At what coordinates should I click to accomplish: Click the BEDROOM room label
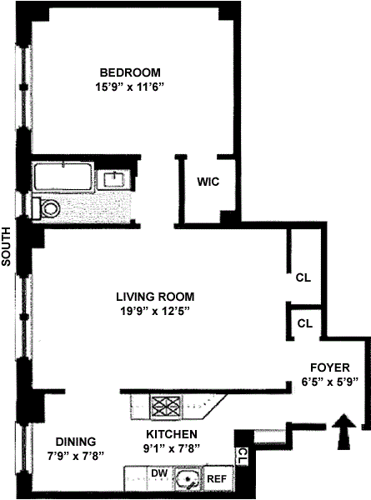click(130, 72)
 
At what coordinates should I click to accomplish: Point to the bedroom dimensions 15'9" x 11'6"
click(130, 87)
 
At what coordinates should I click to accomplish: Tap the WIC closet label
click(208, 182)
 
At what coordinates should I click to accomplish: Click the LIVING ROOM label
click(155, 297)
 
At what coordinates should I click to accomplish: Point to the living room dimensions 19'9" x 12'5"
click(155, 311)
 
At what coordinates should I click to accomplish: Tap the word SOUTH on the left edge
click(7, 247)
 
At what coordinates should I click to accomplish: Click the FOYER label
click(330, 367)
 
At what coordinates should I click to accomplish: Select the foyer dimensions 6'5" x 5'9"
click(330, 382)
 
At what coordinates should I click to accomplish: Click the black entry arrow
click(343, 432)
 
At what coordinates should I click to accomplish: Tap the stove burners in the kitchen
click(166, 407)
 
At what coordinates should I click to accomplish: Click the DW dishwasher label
click(159, 473)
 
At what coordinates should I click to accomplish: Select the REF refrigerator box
click(218, 478)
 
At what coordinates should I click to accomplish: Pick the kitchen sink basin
click(188, 479)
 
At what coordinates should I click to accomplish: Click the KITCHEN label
click(172, 434)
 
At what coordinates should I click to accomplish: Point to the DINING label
click(76, 442)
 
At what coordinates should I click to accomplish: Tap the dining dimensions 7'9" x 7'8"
click(76, 457)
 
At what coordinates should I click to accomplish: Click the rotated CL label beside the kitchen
click(243, 457)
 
